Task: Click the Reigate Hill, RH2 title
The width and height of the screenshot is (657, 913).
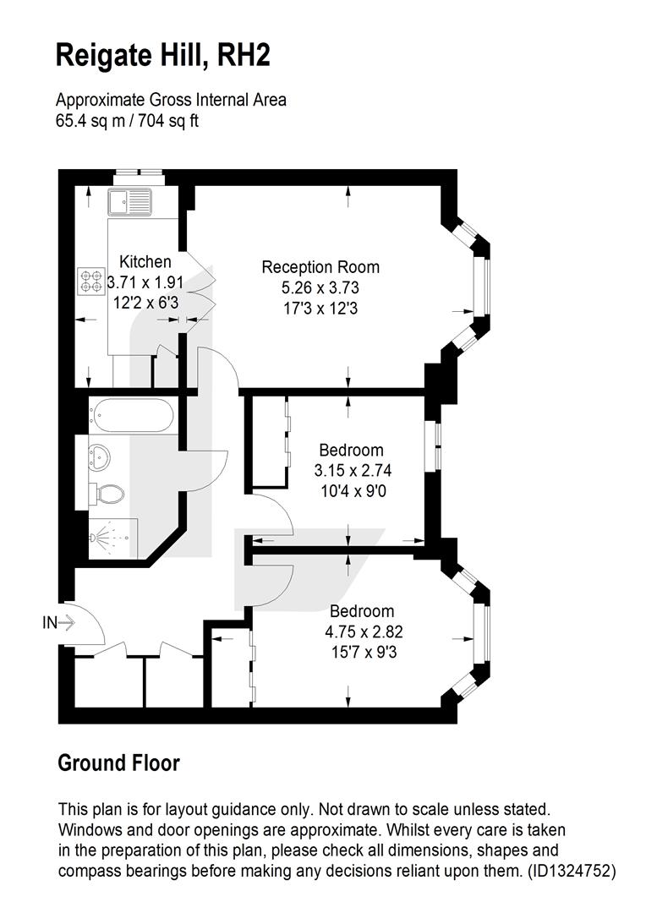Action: (163, 57)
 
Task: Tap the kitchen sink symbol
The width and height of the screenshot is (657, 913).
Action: (129, 202)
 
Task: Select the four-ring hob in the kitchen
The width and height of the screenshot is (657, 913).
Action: (91, 282)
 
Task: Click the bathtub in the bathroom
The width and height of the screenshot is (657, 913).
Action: (131, 415)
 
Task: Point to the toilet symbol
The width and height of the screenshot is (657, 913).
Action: (107, 495)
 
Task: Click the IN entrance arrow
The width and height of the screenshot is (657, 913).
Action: (59, 622)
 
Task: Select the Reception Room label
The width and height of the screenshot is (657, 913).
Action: (320, 267)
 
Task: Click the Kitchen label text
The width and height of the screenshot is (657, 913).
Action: (145, 261)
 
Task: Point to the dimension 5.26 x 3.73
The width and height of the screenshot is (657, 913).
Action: (320, 287)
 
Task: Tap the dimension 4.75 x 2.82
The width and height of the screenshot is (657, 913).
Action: (364, 631)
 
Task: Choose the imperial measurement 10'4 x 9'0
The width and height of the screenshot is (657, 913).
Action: (353, 491)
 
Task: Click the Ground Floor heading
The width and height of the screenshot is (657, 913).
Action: (119, 763)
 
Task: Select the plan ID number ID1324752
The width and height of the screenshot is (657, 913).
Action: (571, 871)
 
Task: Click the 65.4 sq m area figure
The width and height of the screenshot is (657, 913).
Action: (89, 121)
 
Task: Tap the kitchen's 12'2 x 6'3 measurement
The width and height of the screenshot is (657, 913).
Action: (145, 303)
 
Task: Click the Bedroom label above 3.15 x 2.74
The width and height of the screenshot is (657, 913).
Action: (351, 450)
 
